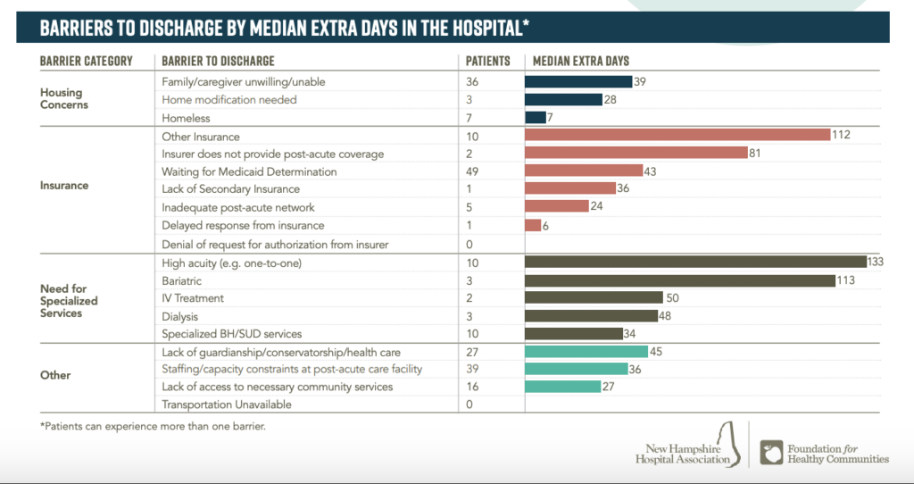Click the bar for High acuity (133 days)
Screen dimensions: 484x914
point(695,262)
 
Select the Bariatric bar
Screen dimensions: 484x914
point(679,280)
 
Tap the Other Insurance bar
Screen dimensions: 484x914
point(677,135)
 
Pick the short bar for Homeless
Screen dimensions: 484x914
point(536,117)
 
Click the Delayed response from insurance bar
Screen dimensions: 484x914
point(533,225)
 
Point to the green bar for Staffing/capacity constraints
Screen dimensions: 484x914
point(577,369)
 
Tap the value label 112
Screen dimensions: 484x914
point(842,135)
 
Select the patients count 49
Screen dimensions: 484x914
point(473,171)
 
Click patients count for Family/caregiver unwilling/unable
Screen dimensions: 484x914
point(473,81)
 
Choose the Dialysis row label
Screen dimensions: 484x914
point(179,315)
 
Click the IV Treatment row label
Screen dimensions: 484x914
point(193,297)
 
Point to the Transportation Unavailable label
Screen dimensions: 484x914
point(227,405)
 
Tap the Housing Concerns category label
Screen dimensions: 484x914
point(61,98)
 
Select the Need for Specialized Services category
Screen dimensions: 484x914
point(69,301)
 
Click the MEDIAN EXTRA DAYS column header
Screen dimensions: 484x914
point(581,61)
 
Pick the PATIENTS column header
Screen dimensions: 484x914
point(488,61)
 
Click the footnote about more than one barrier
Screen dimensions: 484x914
point(153,426)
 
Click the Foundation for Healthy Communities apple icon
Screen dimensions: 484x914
point(770,452)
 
